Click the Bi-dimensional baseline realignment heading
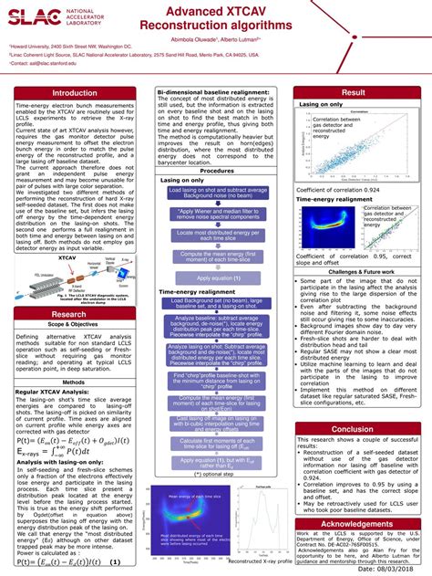point(217,92)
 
